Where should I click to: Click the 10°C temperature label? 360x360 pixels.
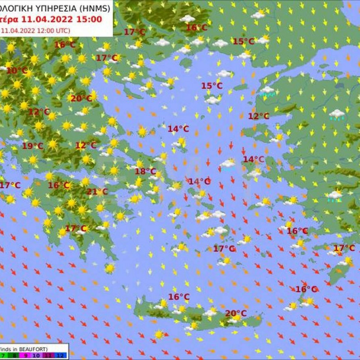17,70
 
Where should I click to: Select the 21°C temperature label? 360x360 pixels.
97,192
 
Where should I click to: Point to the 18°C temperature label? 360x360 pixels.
145,172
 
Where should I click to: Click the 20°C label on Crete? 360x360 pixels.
236,313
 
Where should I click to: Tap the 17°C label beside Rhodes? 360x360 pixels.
344,248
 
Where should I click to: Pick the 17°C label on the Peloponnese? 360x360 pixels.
76,228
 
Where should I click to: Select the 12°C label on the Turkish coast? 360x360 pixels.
259,116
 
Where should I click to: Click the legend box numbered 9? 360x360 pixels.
25,355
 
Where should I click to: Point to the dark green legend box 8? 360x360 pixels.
15,355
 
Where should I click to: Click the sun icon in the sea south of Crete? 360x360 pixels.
159,335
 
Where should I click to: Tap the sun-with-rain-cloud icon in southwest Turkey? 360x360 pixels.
335,195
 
